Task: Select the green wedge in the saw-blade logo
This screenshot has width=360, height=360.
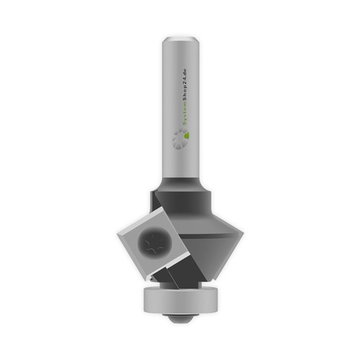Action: pos(187,135)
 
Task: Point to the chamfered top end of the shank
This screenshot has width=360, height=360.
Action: pos(181,40)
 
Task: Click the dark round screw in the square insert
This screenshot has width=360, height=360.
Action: pos(155,242)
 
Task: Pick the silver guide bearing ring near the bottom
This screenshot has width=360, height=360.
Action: pos(181,300)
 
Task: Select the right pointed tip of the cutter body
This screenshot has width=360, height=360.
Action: pos(243,233)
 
